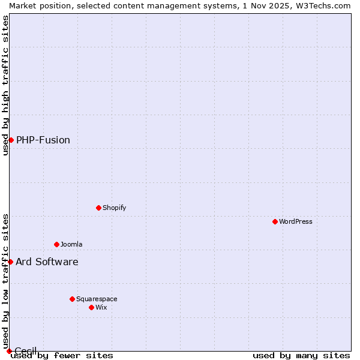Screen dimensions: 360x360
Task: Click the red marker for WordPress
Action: point(275,221)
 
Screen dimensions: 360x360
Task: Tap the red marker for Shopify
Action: point(98,208)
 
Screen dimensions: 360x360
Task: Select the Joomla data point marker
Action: point(56,244)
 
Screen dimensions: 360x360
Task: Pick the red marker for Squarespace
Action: point(72,299)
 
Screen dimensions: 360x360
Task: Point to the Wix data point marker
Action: point(91,307)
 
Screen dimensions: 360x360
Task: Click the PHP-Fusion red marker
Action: point(11,140)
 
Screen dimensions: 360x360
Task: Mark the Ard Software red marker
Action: point(10,262)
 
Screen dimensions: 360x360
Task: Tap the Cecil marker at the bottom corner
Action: point(9,351)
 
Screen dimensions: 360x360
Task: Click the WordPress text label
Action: point(296,221)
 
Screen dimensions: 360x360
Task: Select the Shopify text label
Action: point(114,208)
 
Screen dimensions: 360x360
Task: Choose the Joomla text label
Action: point(71,244)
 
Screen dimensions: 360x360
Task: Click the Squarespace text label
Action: point(97,299)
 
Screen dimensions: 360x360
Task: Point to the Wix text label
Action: point(101,307)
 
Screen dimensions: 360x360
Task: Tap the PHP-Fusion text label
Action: point(43,140)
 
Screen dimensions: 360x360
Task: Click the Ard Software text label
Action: point(47,262)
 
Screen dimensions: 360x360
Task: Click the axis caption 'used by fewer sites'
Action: point(62,355)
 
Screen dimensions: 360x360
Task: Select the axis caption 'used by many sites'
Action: point(301,355)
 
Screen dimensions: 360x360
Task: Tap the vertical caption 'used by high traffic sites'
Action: point(5,85)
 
